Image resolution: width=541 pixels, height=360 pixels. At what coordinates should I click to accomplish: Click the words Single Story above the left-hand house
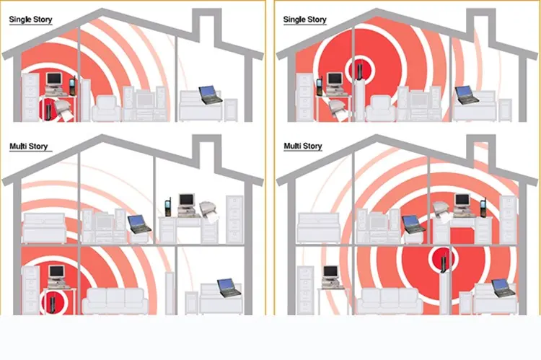[30, 19]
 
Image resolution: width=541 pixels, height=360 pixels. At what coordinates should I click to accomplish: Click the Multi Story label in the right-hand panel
[302, 146]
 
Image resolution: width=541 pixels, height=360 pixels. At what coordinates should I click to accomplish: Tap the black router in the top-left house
[48, 110]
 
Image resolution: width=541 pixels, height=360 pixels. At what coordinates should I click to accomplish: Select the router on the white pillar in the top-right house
[359, 71]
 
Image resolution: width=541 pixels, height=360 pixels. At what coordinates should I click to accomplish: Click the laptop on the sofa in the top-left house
[211, 95]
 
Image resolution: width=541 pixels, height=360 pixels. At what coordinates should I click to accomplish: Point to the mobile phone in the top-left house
[72, 87]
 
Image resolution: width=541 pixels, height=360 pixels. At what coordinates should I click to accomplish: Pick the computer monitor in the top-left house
[53, 79]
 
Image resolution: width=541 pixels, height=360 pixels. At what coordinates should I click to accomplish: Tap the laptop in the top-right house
[467, 95]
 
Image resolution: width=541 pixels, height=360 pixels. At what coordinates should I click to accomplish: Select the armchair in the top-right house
[381, 108]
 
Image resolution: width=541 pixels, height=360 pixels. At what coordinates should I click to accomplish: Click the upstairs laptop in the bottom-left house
[139, 224]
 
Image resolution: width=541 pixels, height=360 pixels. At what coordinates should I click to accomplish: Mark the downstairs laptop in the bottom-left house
[229, 288]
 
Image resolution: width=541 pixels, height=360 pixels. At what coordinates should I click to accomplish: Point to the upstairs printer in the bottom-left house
[208, 211]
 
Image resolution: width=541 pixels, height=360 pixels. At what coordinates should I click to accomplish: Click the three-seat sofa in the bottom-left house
[115, 301]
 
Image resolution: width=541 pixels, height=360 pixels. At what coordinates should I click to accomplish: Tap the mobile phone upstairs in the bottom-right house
[483, 207]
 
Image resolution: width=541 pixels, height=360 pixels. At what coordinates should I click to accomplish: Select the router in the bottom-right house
[444, 263]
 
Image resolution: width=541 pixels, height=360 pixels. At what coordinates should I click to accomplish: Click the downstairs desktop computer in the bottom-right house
[331, 277]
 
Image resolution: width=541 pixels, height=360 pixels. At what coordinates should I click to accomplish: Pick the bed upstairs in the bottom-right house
[318, 228]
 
